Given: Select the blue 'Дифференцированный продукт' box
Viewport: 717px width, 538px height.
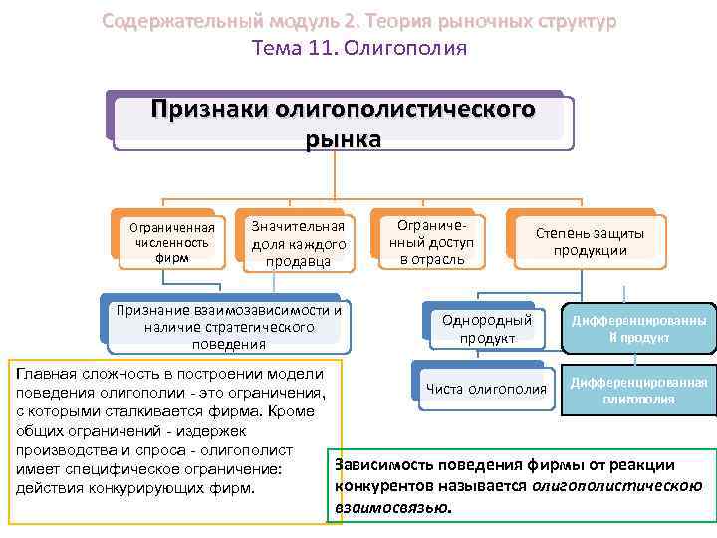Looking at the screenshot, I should tap(639, 330).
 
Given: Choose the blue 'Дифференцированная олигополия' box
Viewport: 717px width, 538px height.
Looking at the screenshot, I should tap(639, 391).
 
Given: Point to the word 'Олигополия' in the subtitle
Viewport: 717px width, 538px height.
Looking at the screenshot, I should tap(418, 48).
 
